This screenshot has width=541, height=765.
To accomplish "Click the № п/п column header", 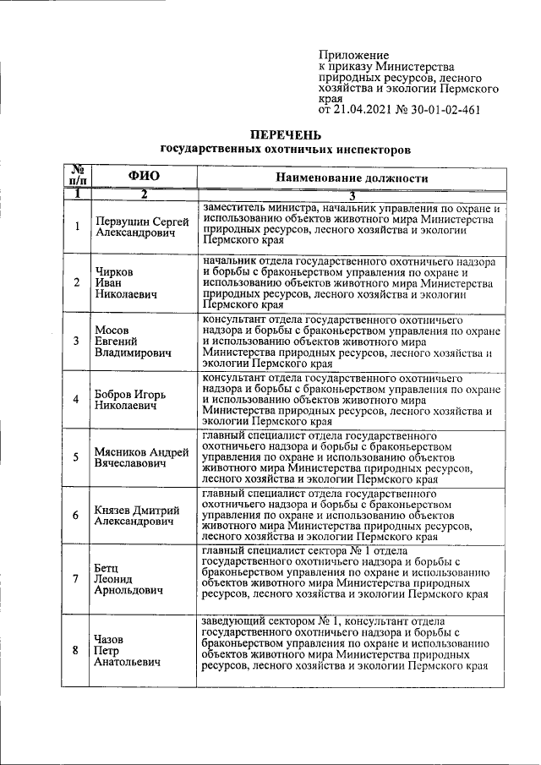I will click(x=76, y=175).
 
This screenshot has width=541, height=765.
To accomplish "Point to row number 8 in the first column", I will click(x=76, y=652).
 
